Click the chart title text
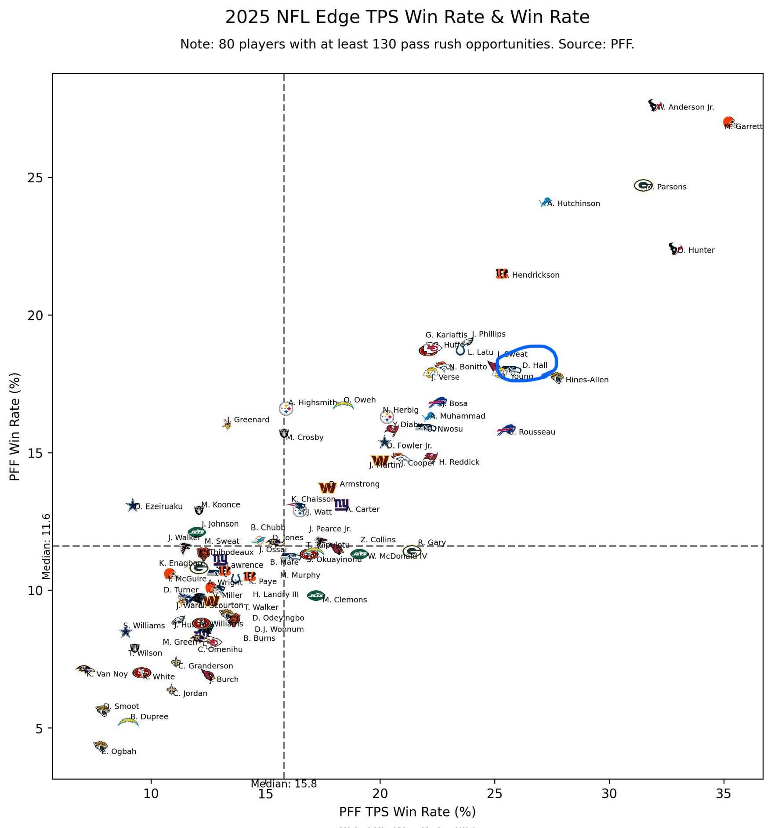[407, 17]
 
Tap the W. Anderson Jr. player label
[686, 107]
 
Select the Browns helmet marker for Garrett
[729, 122]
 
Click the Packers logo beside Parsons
[643, 185]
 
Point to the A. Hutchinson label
[574, 203]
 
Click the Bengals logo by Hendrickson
[501, 274]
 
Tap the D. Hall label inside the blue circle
[535, 365]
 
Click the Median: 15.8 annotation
[284, 784]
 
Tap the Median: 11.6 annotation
[46, 546]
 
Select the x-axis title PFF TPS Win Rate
[407, 812]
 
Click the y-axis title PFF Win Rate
[15, 427]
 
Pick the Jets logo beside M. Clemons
[316, 596]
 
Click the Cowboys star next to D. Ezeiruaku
[132, 505]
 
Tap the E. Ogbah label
[119, 752]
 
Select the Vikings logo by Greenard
[227, 424]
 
